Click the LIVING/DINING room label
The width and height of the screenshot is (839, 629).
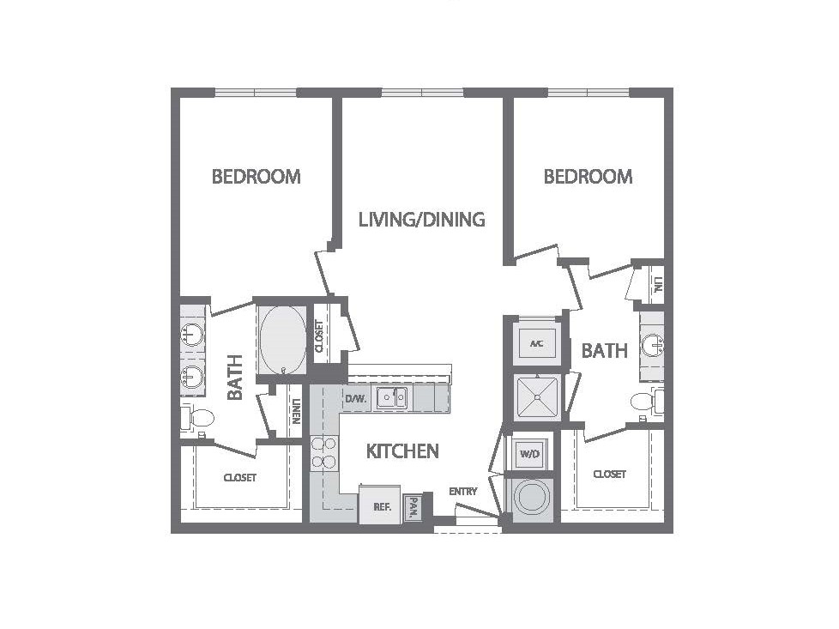coord(421,220)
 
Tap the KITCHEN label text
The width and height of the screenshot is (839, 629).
coord(402,451)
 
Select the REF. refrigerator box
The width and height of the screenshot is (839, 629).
coord(382,506)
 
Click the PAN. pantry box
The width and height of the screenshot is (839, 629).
coord(413,509)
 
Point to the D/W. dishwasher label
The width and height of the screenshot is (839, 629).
coord(355,399)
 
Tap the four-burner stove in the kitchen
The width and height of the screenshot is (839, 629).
coord(323,452)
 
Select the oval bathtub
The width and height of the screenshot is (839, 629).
coord(282,340)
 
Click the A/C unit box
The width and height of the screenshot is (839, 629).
coord(536,344)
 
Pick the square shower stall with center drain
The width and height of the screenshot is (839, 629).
coord(536,396)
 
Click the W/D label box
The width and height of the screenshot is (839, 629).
coord(528,452)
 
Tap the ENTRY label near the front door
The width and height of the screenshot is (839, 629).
coord(462,492)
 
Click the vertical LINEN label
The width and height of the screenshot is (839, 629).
coord(295,414)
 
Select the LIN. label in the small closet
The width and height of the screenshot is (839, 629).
coord(658,283)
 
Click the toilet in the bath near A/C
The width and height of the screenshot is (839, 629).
coord(644,402)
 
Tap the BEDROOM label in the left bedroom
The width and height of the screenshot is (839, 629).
coord(256,177)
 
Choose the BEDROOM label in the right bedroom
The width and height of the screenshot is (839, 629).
coord(588,177)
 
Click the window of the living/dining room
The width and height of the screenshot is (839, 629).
coord(422,93)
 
